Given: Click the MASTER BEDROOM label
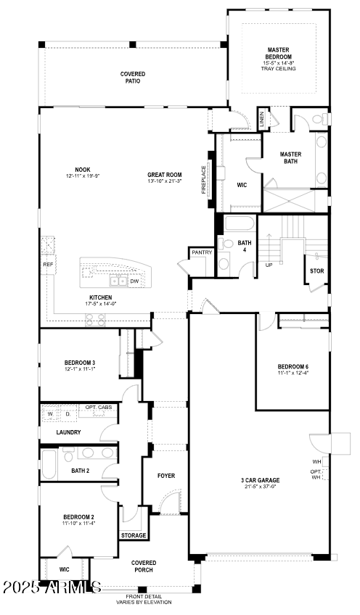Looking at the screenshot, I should pyautogui.click(x=278, y=54).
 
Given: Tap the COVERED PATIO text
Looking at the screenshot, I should pyautogui.click(x=133, y=78).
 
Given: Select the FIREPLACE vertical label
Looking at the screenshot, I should pyautogui.click(x=204, y=180).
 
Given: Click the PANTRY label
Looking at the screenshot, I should pyautogui.click(x=201, y=252).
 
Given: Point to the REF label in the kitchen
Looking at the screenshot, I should pyautogui.click(x=48, y=265).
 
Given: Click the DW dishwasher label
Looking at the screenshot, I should pyautogui.click(x=134, y=281).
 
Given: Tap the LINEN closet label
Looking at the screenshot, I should pyautogui.click(x=262, y=119).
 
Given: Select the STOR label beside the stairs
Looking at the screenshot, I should pyautogui.click(x=316, y=271).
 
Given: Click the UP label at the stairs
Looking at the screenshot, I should pyautogui.click(x=269, y=265).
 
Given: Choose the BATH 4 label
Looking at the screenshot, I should pyautogui.click(x=245, y=247).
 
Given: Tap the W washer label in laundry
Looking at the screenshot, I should pyautogui.click(x=51, y=414).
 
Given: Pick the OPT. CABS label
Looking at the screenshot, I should pyautogui.click(x=99, y=408).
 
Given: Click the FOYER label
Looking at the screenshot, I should pyautogui.click(x=167, y=476).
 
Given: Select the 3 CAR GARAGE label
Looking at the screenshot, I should pyautogui.click(x=260, y=480).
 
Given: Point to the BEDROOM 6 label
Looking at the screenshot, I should pyautogui.click(x=292, y=366).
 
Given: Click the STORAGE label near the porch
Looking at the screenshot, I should pyautogui.click(x=134, y=535).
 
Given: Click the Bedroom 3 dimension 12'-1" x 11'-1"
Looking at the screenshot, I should pyautogui.click(x=80, y=369).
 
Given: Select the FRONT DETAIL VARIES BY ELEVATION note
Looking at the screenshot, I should pyautogui.click(x=144, y=598).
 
